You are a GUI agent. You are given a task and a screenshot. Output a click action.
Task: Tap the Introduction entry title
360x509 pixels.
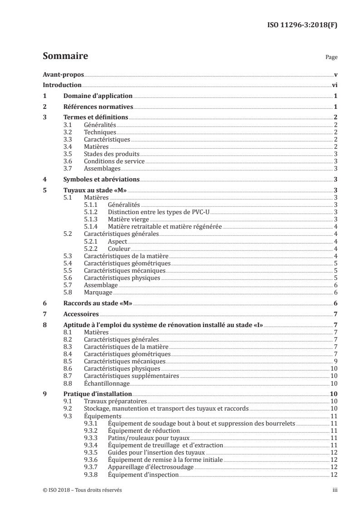coord(62,85)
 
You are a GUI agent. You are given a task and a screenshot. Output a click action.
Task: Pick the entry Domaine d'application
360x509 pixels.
coord(98,96)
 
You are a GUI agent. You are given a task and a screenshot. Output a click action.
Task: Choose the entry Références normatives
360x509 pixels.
coord(98,107)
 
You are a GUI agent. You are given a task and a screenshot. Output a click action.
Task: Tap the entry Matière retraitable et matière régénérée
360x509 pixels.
coord(165,226)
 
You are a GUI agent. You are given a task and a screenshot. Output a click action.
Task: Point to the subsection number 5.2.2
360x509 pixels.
coord(92,249)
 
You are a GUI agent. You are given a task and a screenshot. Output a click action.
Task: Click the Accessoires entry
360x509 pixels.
coord(81,314)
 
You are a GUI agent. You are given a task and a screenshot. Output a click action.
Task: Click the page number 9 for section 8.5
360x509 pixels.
coord(335,362)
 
